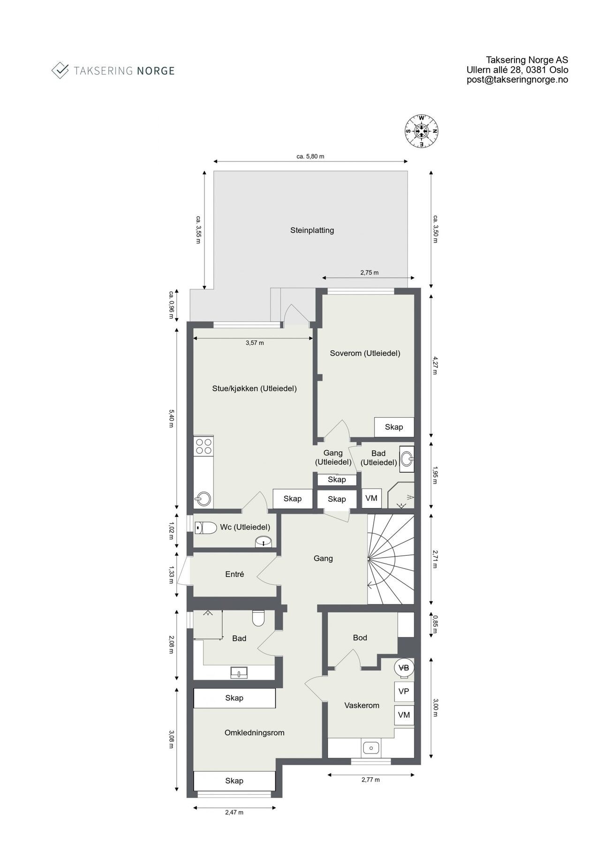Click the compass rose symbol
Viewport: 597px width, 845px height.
[422, 131]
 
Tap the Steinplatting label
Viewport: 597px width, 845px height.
[312, 230]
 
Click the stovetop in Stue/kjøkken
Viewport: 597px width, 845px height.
[204, 446]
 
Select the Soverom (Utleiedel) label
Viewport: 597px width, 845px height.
[365, 353]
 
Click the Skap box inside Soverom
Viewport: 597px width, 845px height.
[394, 427]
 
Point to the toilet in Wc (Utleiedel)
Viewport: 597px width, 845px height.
[205, 528]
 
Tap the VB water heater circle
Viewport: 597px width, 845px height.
[403, 668]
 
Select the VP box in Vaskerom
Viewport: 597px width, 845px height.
[404, 691]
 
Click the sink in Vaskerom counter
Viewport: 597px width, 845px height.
[371, 746]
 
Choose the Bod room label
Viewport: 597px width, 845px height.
[360, 638]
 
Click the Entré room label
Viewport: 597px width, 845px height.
[234, 574]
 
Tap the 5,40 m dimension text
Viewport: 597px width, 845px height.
[172, 418]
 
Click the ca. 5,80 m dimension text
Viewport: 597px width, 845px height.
[310, 157]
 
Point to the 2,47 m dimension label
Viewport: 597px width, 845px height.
[234, 812]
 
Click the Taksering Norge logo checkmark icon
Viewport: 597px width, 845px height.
[60, 70]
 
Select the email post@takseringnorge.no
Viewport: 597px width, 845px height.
[517, 80]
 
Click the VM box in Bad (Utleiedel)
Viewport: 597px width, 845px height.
[371, 498]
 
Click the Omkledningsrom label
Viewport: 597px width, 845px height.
[254, 732]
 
